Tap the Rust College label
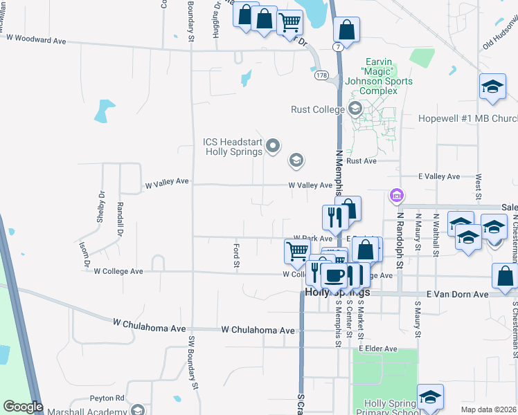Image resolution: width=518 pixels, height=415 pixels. (319, 109)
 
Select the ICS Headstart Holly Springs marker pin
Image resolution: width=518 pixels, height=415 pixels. (273, 145)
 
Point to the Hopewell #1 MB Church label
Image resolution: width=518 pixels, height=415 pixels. (467, 118)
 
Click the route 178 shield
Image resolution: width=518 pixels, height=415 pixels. (321, 74)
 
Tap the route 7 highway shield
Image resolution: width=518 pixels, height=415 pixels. (337, 46)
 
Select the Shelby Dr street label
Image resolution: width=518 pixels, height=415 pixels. (101, 206)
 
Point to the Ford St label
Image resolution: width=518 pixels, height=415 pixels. (237, 255)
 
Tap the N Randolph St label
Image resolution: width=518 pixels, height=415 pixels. (399, 232)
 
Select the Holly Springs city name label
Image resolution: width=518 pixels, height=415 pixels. (337, 293)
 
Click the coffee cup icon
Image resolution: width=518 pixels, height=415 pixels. (334, 275)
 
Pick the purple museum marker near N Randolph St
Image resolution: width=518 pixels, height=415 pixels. (396, 196)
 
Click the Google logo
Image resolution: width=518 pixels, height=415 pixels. (22, 407)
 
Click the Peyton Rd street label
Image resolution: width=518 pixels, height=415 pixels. (106, 398)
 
